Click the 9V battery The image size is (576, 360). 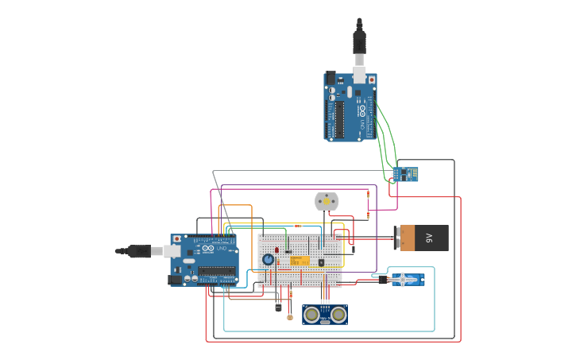(422, 237)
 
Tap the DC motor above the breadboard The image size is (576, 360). (326, 202)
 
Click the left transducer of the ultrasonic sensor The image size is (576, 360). (310, 315)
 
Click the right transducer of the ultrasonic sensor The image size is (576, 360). (338, 315)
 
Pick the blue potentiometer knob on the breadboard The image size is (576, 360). (269, 259)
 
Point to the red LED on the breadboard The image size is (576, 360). (276, 250)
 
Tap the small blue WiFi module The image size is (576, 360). (408, 172)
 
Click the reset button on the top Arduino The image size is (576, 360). (371, 80)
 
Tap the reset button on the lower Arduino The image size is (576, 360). (176, 239)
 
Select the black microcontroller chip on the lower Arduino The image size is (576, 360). (216, 272)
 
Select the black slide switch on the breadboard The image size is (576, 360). (321, 262)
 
